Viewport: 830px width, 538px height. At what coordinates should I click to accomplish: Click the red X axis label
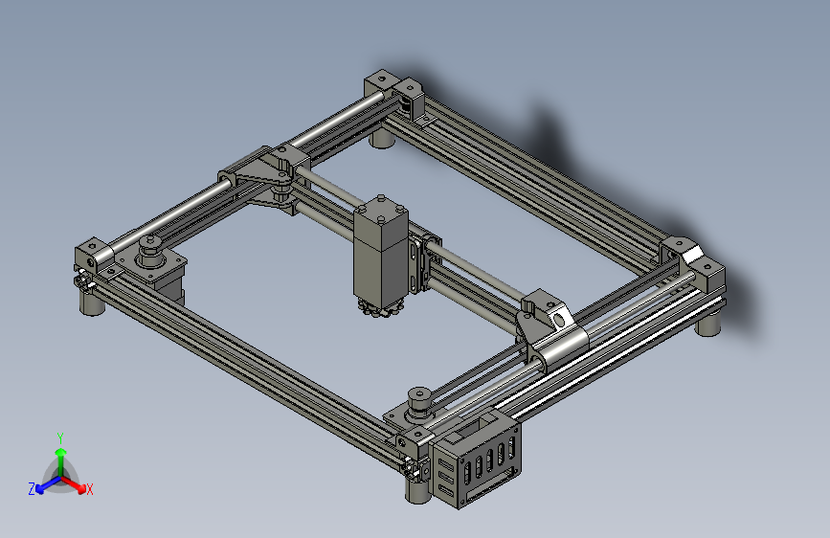coord(90,489)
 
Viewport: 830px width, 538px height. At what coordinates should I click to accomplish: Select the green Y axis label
coord(60,436)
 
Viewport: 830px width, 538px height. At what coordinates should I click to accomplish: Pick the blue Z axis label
coord(32,488)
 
